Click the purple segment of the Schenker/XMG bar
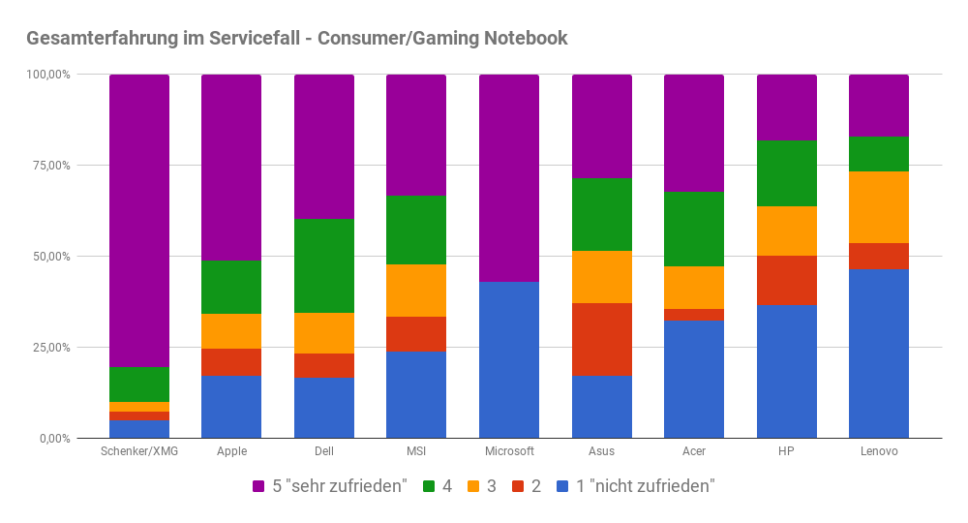point(139,221)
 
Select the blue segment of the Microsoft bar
point(509,360)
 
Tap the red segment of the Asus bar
point(602,339)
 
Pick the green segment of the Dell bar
point(324,265)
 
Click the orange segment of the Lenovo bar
point(879,207)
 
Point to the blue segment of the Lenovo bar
point(879,354)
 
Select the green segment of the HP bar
point(787,173)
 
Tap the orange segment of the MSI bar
point(416,291)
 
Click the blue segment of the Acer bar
point(694,380)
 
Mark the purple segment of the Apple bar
point(231,168)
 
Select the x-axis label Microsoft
point(509,451)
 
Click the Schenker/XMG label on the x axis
point(139,451)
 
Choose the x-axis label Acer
point(694,451)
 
